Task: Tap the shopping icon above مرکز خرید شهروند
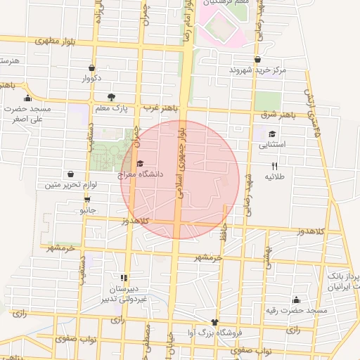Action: [258, 60]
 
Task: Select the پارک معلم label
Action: [111, 108]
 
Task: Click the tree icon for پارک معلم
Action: [110, 97]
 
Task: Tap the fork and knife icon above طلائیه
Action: [274, 166]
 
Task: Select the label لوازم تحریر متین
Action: [70, 185]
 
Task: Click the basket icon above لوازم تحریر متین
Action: [70, 174]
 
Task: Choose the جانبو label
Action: [86, 210]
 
